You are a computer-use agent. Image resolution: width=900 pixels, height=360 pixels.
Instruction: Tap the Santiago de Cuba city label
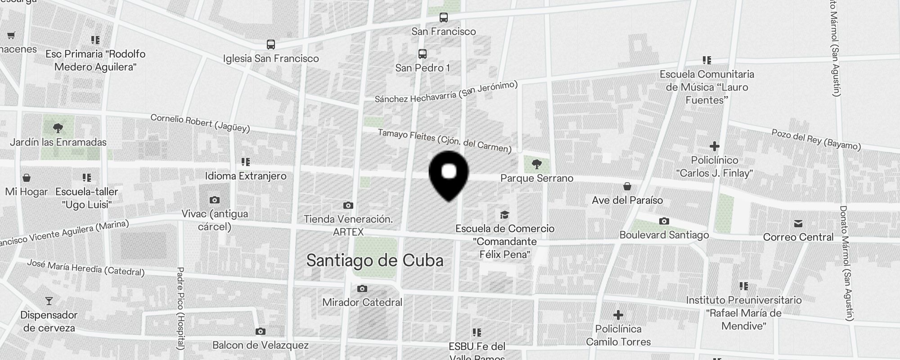tap(375, 261)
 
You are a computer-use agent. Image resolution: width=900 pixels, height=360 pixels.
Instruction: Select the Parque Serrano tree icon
tap(536, 164)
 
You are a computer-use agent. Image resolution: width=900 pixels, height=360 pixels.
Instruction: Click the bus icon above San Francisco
tap(444, 18)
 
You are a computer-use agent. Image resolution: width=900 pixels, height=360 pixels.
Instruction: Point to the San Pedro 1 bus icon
tap(422, 54)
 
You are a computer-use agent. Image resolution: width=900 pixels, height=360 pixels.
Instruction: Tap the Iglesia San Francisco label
tap(271, 58)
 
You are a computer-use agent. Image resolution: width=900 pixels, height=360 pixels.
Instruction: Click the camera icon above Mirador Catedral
tap(362, 288)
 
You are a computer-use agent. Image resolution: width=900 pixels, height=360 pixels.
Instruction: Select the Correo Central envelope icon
tap(798, 224)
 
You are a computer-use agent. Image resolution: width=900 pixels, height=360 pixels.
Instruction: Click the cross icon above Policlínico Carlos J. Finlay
tap(714, 146)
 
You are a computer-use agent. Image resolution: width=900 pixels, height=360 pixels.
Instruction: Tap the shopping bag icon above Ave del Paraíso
tap(627, 186)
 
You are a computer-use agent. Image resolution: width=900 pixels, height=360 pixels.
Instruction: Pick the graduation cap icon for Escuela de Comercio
tap(504, 215)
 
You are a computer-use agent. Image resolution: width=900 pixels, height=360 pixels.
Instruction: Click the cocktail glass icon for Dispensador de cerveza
tap(49, 301)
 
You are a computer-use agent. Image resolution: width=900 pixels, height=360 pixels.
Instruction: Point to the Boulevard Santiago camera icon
tap(664, 221)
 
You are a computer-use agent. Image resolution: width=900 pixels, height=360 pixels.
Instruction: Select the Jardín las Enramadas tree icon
tap(58, 128)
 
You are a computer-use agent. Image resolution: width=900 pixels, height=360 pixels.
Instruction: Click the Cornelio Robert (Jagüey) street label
tap(200, 123)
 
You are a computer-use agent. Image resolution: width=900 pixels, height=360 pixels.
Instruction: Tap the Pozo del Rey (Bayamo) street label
tap(816, 139)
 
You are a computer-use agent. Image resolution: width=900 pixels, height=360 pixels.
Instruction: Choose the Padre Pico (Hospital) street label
tap(180, 308)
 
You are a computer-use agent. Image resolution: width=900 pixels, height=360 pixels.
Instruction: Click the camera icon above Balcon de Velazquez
tap(260, 332)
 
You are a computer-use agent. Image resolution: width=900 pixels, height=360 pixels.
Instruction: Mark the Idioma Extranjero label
tap(246, 176)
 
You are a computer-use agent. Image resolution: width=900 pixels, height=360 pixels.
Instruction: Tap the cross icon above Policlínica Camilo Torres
tap(618, 315)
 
